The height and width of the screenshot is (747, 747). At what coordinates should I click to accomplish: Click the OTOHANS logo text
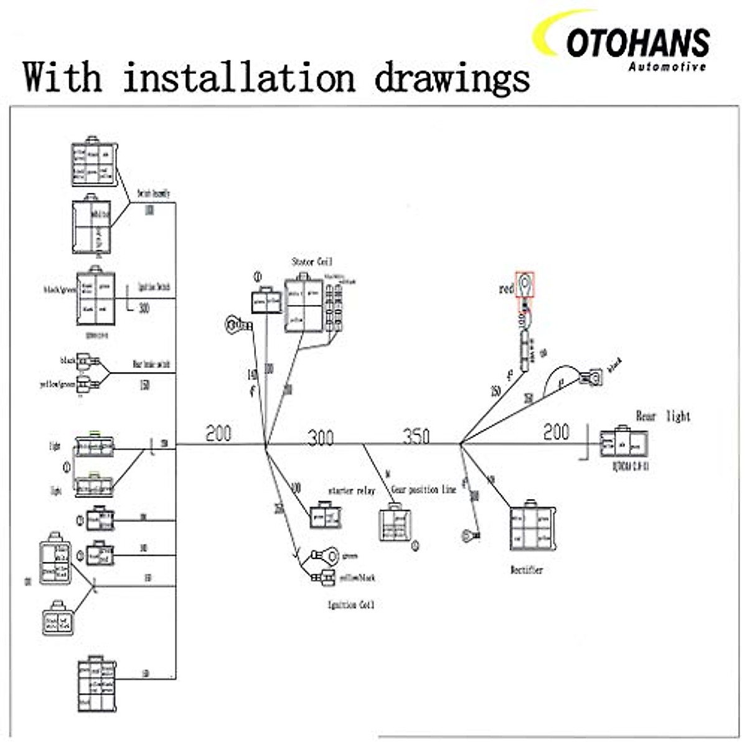pyautogui.click(x=638, y=44)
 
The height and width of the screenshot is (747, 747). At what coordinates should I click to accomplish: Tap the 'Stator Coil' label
pyautogui.click(x=312, y=262)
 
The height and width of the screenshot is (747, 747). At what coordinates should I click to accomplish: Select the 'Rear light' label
pyautogui.click(x=662, y=416)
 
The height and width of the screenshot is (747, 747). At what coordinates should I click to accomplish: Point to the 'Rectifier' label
pyautogui.click(x=527, y=570)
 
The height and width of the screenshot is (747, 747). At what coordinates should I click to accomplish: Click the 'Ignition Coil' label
pyautogui.click(x=351, y=604)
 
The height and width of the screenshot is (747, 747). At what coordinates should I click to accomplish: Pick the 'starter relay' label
pyautogui.click(x=352, y=491)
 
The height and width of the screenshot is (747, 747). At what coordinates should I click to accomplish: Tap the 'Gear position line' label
pyautogui.click(x=423, y=490)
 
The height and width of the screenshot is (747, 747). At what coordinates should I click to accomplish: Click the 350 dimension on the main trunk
pyautogui.click(x=416, y=435)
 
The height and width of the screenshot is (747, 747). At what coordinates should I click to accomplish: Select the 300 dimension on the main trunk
pyautogui.click(x=321, y=437)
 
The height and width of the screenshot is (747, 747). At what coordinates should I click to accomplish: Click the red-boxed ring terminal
pyautogui.click(x=525, y=285)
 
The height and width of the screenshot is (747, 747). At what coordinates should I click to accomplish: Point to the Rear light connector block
pyautogui.click(x=624, y=443)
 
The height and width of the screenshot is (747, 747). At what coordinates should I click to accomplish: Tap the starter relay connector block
pyautogui.click(x=325, y=516)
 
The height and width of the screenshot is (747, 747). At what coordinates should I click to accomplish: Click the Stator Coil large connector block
pyautogui.click(x=303, y=304)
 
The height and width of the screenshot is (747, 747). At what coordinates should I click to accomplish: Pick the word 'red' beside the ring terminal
pyautogui.click(x=506, y=289)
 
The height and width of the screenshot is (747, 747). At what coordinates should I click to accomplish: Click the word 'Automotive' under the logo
pyautogui.click(x=667, y=67)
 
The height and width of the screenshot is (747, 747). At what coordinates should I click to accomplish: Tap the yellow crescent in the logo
pyautogui.click(x=551, y=31)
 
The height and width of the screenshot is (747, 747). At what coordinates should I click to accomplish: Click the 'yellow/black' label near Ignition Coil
pyautogui.click(x=357, y=578)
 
